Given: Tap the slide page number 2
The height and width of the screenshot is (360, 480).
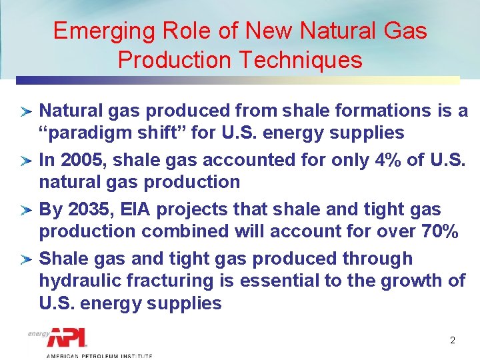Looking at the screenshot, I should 452,340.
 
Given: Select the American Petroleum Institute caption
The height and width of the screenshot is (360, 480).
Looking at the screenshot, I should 99,355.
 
